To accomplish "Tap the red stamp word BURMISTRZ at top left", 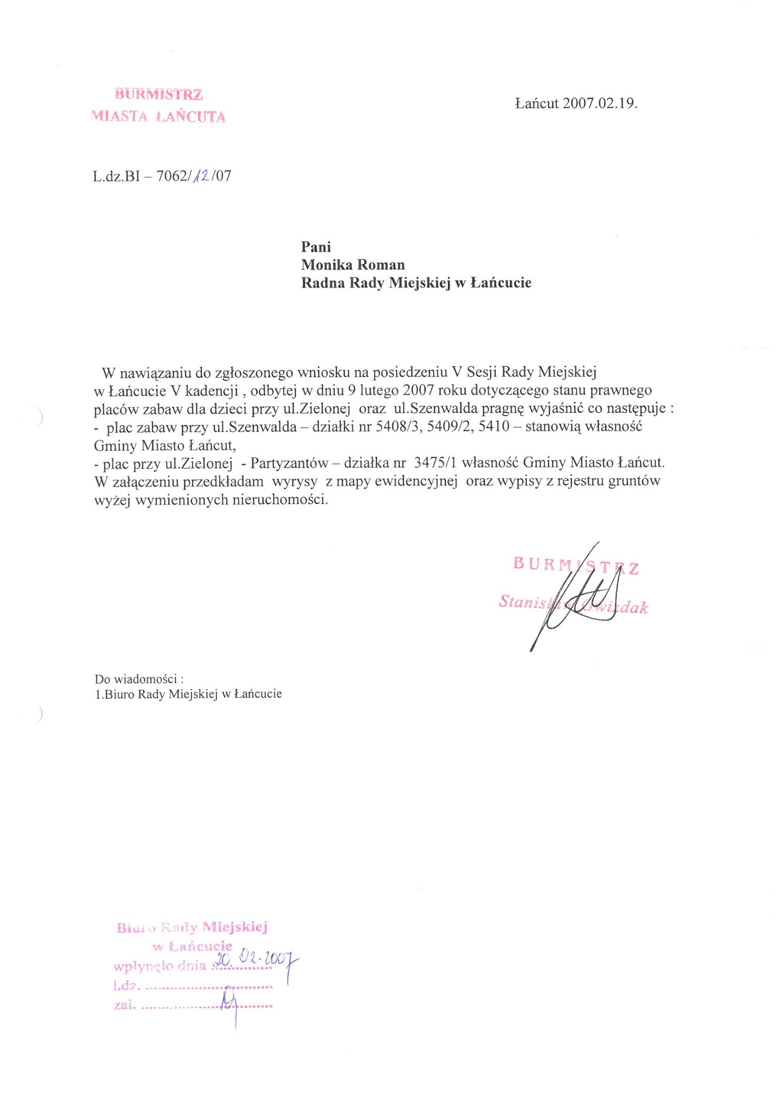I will click(x=159, y=94).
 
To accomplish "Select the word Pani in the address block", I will click(x=316, y=247).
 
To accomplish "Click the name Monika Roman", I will click(x=353, y=265).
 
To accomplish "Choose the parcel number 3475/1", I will click(x=436, y=463).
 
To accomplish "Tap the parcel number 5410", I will click(x=494, y=427).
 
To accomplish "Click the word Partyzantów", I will click(x=289, y=463).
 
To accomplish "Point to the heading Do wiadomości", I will click(x=139, y=679).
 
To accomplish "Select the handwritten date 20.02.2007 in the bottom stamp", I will click(x=255, y=960).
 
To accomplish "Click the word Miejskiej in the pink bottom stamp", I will click(x=234, y=927).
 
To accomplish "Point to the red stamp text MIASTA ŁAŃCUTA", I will click(x=159, y=116).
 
